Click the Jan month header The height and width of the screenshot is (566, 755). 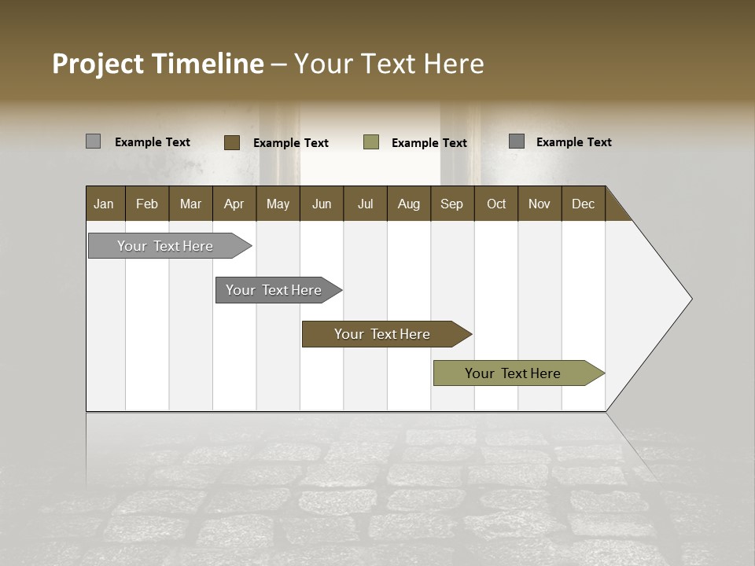[105, 204]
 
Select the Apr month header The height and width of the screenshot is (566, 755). [234, 204]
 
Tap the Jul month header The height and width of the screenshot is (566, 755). [365, 204]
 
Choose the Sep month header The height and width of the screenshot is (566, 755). [452, 204]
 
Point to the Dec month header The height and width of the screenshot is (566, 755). [583, 204]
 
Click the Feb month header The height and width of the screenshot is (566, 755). [147, 204]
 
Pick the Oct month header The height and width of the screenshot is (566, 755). [496, 204]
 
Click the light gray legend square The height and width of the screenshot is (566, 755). [93, 141]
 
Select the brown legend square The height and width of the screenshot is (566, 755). [231, 142]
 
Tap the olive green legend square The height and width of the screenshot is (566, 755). [371, 142]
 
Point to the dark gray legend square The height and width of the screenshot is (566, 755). [517, 141]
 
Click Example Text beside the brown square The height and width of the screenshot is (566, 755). [291, 143]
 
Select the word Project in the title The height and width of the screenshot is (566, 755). [98, 64]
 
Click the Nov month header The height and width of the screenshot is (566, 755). [540, 204]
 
